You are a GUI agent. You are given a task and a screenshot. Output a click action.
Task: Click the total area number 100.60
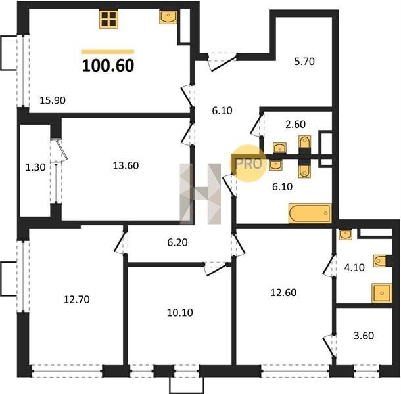(x=108, y=66)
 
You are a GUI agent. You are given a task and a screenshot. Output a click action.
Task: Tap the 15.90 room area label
(x=53, y=100)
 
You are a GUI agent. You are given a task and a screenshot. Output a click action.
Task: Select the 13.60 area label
(x=126, y=165)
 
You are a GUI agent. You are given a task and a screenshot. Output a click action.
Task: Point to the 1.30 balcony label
(x=35, y=167)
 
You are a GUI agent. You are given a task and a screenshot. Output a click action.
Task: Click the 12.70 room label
(x=77, y=299)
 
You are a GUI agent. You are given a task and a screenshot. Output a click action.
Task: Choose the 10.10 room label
(x=180, y=312)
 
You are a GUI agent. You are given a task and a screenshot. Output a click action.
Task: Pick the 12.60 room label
(x=283, y=293)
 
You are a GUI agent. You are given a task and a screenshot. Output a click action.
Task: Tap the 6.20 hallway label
(x=177, y=242)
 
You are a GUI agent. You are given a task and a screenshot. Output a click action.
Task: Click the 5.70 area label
(x=304, y=62)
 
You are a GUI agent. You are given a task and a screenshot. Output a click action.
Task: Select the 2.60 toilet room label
(x=295, y=124)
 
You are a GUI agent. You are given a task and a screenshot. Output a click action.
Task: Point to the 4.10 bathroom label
(x=354, y=267)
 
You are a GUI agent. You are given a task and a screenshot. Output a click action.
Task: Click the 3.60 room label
(x=364, y=336)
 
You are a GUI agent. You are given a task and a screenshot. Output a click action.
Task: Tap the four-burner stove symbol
(x=108, y=20)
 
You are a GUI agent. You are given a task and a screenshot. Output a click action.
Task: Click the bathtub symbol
(x=310, y=213)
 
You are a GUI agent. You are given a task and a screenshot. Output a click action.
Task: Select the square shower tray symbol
(x=382, y=293)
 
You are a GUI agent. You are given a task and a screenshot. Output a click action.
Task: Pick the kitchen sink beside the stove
(x=168, y=17)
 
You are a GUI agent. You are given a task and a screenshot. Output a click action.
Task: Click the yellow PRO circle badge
(x=248, y=164)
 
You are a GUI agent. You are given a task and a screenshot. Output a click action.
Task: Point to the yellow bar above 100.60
(x=108, y=52)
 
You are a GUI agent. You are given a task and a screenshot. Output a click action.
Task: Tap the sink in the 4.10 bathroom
(x=345, y=234)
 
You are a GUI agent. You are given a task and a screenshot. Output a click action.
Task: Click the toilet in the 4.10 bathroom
(x=380, y=261)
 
